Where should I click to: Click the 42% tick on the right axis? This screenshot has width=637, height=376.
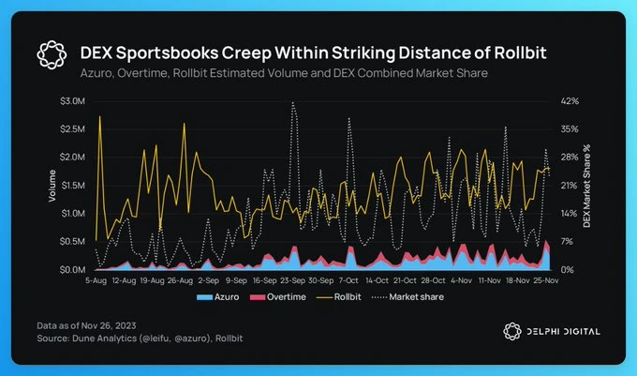(570, 100)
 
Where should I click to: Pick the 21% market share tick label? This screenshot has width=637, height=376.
(570, 185)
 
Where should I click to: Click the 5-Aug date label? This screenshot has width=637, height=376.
(97, 279)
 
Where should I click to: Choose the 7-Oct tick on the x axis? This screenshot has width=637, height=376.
(348, 279)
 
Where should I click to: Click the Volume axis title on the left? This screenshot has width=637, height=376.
(52, 185)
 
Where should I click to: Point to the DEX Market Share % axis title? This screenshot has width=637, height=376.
(587, 187)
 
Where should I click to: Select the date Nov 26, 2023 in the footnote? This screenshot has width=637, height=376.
(111, 324)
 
